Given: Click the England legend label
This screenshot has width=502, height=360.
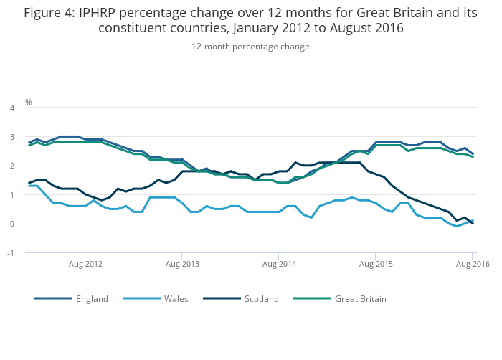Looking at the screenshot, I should (x=92, y=298).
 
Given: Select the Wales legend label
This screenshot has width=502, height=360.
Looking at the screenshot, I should (x=176, y=298).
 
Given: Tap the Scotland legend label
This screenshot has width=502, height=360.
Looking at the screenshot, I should (x=261, y=298).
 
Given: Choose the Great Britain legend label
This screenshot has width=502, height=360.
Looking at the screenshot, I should (x=360, y=298).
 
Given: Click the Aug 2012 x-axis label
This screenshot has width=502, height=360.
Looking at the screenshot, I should (x=85, y=265).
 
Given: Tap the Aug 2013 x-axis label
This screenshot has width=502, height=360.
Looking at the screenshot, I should (x=182, y=265).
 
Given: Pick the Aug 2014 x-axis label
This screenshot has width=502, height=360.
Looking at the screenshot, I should (x=279, y=265).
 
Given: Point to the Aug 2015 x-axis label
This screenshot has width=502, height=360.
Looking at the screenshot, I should (x=376, y=265).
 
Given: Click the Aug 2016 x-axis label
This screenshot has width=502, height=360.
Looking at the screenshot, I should (x=473, y=265).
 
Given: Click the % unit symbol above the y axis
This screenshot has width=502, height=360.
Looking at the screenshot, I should (x=29, y=103).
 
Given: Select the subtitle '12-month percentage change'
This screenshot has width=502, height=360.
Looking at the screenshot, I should (x=250, y=47).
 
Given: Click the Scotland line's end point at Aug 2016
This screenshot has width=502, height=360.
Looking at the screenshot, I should (x=473, y=223).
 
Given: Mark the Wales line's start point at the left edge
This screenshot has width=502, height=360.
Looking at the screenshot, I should (x=29, y=186).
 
